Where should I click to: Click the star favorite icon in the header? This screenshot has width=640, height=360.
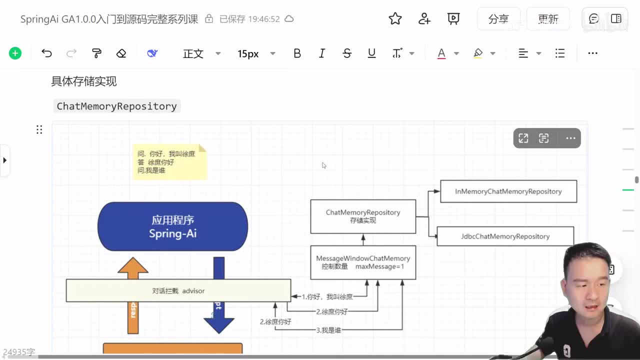[395, 19]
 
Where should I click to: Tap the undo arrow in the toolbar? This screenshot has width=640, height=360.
[46, 53]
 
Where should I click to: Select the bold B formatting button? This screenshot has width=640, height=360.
[297, 53]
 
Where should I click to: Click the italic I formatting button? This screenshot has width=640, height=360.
[322, 53]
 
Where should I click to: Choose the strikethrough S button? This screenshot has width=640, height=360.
[347, 53]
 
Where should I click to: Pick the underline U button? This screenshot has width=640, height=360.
[371, 53]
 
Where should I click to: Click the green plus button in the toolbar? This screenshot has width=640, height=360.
[15, 53]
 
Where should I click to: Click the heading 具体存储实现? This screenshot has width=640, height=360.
[84, 81]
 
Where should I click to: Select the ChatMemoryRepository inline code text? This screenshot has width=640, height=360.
[116, 106]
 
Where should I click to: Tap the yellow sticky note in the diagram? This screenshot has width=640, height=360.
[169, 162]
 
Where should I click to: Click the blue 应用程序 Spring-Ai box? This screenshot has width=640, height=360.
[172, 226]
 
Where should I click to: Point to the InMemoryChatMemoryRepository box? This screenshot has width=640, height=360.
[508, 191]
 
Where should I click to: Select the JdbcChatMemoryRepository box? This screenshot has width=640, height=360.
[505, 236]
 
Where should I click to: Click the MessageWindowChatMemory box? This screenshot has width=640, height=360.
[363, 262]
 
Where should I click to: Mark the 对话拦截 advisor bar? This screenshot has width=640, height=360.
[178, 290]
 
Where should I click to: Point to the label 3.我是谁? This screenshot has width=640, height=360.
[328, 330]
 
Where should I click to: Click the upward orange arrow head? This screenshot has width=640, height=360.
[133, 266]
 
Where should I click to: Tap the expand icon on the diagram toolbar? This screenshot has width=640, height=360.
[523, 138]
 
